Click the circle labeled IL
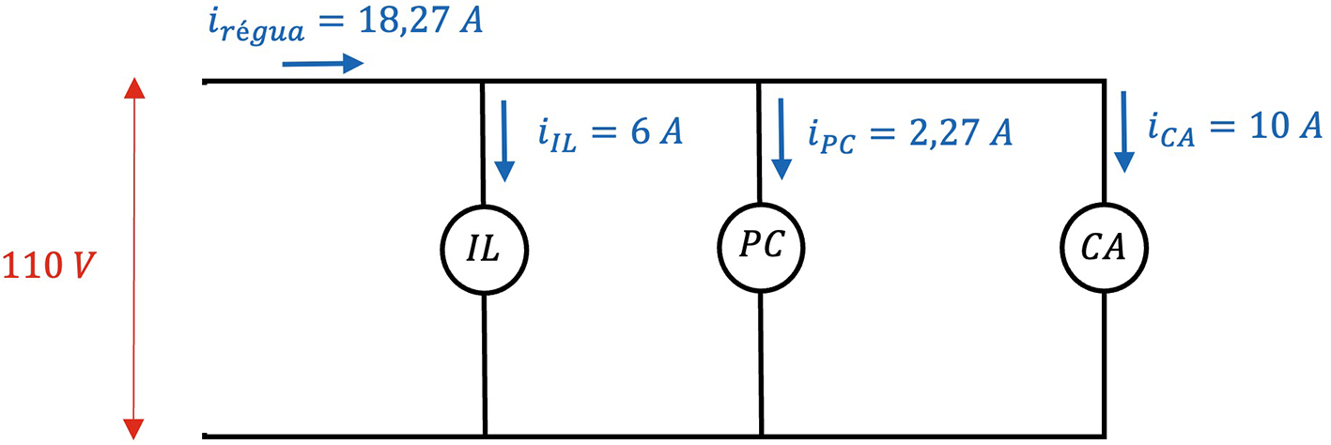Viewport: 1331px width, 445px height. click(x=484, y=250)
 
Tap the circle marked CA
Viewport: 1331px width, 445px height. click(x=1105, y=250)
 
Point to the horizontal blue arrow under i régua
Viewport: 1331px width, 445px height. click(x=322, y=64)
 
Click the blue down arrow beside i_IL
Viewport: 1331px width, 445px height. click(x=505, y=140)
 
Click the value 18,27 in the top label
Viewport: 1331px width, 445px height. click(x=391, y=21)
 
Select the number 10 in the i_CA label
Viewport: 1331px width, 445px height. click(x=1255, y=127)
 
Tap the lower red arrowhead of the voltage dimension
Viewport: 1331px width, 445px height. click(x=135, y=427)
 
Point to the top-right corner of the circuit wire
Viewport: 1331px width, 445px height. click(x=1105, y=83)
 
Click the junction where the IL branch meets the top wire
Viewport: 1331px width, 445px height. click(x=484, y=83)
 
